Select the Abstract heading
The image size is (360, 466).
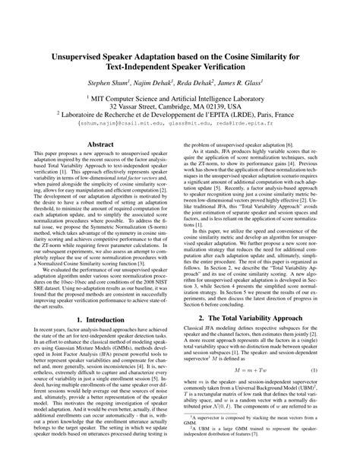[101, 143]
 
